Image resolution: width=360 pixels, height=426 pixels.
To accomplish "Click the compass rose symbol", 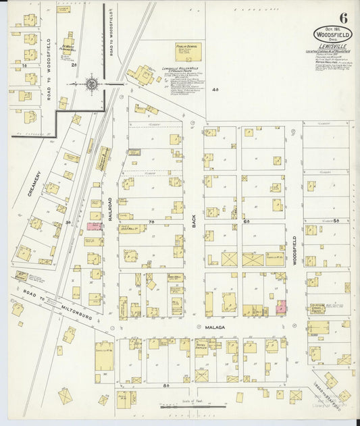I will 93,84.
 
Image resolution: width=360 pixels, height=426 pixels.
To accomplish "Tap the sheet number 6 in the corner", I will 344,18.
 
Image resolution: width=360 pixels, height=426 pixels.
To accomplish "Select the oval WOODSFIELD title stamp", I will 332,33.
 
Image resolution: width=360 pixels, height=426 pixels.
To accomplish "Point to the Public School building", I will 188,52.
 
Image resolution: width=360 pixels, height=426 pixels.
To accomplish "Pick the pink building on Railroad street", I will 93,227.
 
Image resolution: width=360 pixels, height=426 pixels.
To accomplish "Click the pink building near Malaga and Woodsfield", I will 280,307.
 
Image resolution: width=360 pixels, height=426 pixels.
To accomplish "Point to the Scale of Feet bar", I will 192,406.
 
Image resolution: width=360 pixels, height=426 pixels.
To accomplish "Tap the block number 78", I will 152,221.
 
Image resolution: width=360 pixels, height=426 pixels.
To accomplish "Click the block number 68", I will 247,221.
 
